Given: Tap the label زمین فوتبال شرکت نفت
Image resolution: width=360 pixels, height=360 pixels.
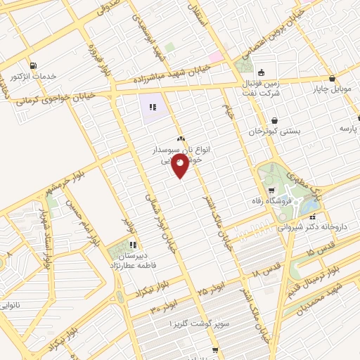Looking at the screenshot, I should point(265,87).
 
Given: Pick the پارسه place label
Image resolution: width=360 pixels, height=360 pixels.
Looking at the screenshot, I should point(349,129).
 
